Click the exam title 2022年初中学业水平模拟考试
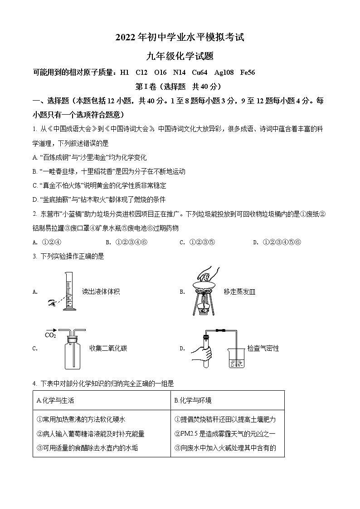(x=180, y=38)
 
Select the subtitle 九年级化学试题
(x=180, y=56)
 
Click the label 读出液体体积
(x=101, y=291)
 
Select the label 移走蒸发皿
(x=239, y=291)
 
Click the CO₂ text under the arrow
(x=50, y=335)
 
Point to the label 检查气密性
(x=263, y=348)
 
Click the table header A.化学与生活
(x=55, y=400)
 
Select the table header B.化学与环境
(x=193, y=400)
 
